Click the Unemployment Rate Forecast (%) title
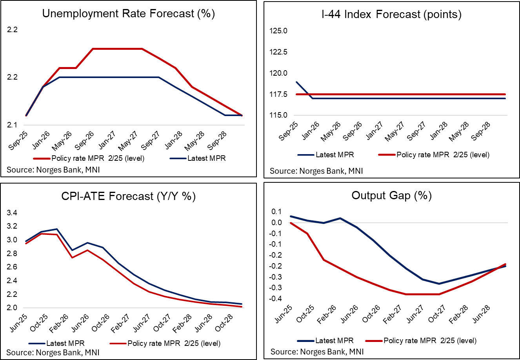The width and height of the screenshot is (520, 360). (128, 14)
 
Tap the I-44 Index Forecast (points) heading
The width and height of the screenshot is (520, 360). (391, 15)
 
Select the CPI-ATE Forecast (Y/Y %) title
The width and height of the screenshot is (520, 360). (128, 196)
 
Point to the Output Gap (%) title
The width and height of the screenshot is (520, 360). (391, 195)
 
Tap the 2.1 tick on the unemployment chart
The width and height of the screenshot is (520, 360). (12, 125)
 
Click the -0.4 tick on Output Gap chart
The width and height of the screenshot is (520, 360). (276, 299)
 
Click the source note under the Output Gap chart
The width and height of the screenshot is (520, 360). (317, 351)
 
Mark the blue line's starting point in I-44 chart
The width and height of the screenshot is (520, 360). (296, 82)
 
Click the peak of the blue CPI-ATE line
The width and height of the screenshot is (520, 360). (57, 229)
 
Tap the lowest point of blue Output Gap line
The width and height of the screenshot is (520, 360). (439, 284)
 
